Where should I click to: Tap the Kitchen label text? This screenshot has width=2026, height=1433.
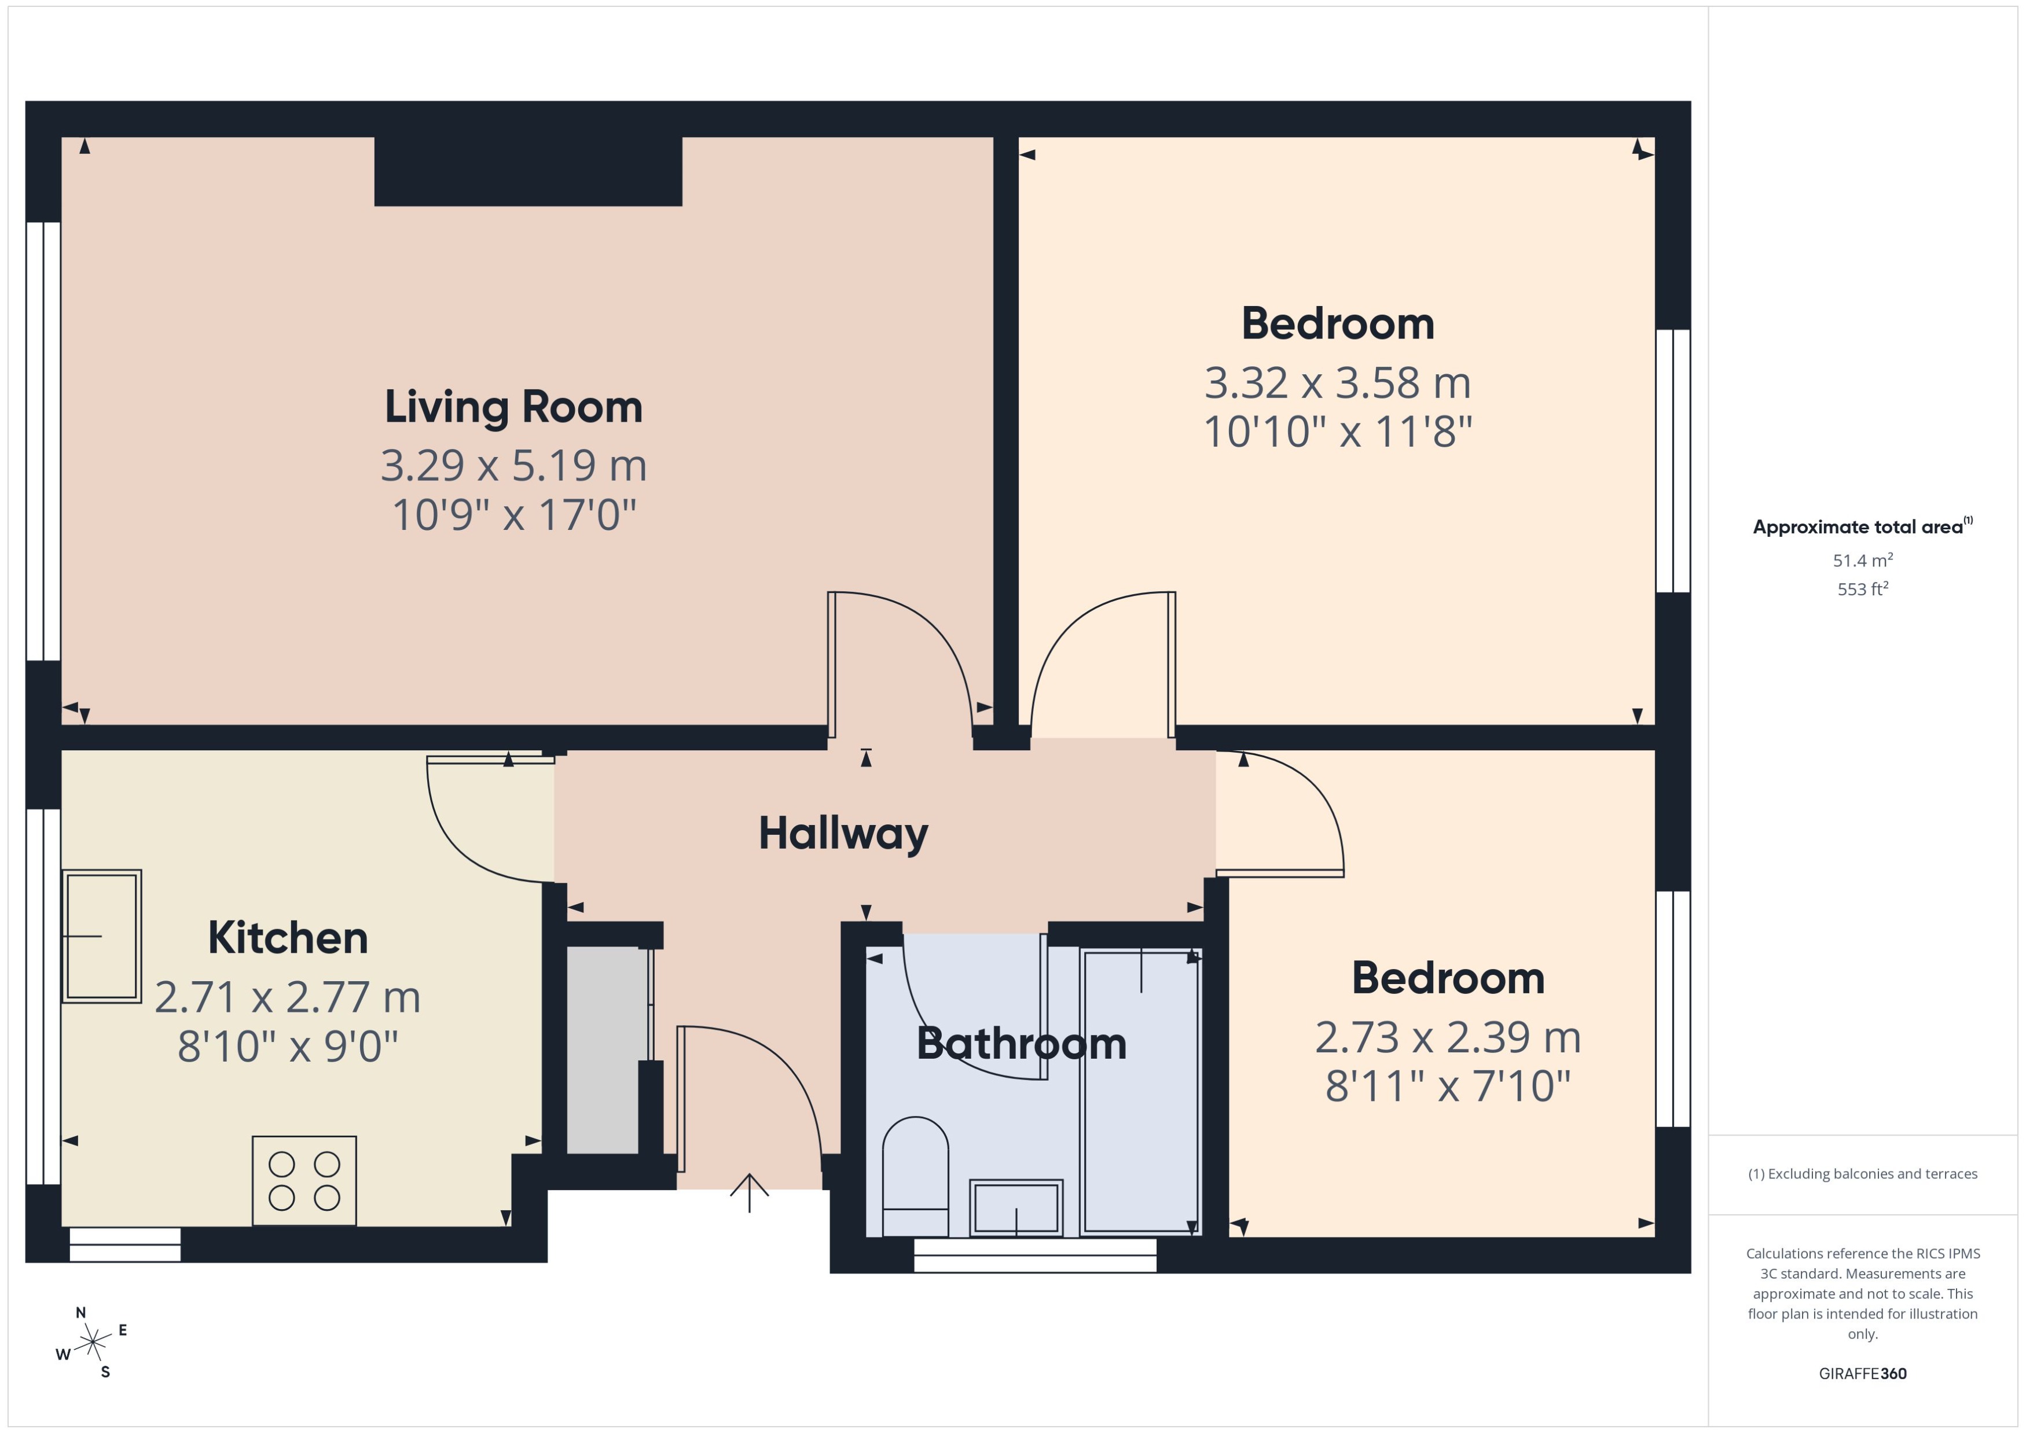(x=288, y=938)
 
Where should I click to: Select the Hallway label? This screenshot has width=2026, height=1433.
(x=843, y=833)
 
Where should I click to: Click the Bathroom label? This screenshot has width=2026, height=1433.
(x=1021, y=1044)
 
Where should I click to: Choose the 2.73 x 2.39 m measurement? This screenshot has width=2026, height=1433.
(x=1448, y=1037)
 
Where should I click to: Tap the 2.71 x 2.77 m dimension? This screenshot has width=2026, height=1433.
(x=288, y=997)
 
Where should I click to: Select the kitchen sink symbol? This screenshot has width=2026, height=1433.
(x=101, y=936)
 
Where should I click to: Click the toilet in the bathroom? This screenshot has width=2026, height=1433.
(x=915, y=1176)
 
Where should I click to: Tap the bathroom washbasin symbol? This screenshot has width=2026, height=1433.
(x=1016, y=1207)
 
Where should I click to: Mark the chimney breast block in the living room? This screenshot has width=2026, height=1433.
(x=528, y=171)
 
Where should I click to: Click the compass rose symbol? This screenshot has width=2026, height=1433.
(x=92, y=1343)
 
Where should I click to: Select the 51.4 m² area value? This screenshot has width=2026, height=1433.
(x=1863, y=561)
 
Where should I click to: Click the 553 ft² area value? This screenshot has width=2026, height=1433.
(x=1863, y=588)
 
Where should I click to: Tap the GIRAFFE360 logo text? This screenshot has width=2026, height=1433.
(x=1863, y=1373)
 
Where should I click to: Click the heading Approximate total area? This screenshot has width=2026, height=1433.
(x=1858, y=527)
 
